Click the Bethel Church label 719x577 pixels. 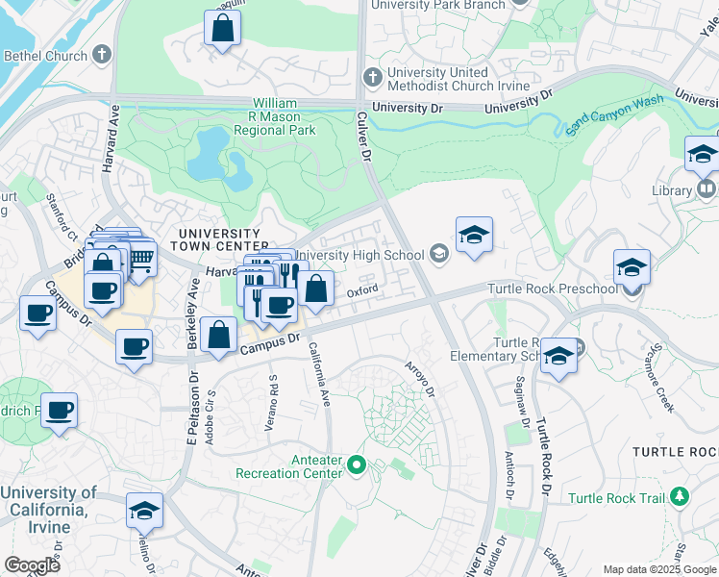click(45, 56)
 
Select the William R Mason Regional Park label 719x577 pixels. click(285, 115)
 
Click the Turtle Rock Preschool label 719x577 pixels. click(552, 288)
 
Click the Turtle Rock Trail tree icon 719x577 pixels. click(681, 496)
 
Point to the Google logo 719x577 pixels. click(32, 565)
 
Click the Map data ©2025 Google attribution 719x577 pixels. click(659, 569)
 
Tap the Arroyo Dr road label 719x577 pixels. click(420, 378)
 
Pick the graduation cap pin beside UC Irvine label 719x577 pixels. click(144, 512)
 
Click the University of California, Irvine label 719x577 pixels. click(48, 510)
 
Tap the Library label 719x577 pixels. click(671, 190)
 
